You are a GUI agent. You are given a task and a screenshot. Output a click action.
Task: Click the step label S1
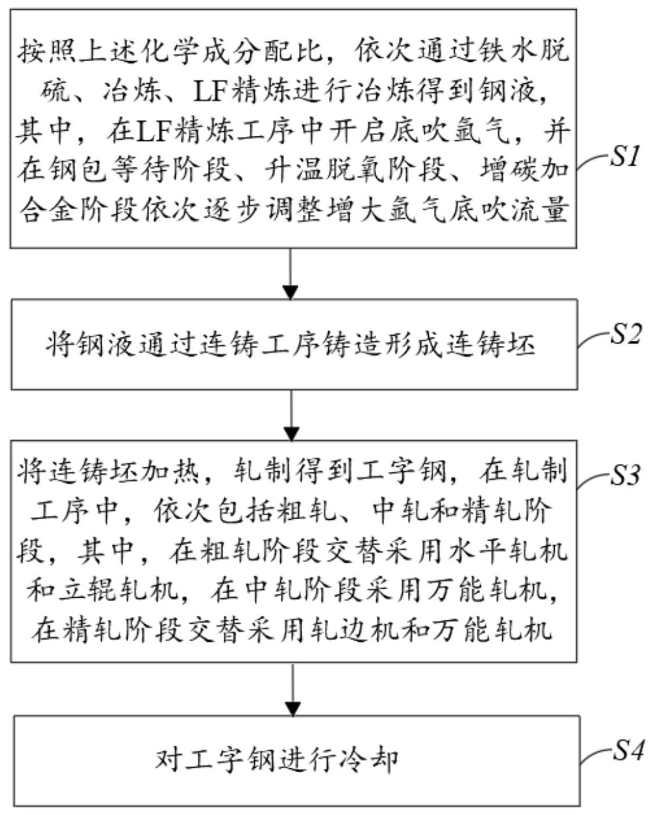click(x=626, y=156)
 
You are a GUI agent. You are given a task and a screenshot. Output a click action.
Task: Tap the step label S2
click(x=626, y=334)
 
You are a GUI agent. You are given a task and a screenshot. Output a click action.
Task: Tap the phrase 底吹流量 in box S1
click(x=509, y=210)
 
